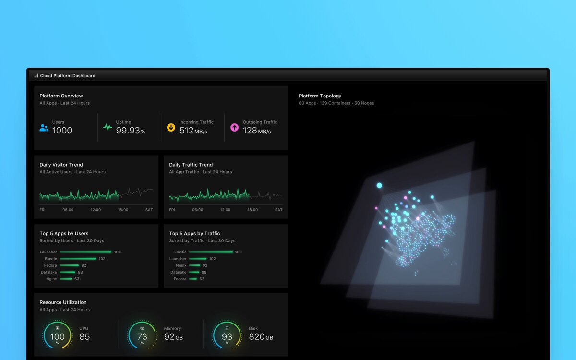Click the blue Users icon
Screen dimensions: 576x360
coord(44,128)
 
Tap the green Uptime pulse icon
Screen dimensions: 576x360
coord(108,127)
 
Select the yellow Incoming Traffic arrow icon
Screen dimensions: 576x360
coord(171,127)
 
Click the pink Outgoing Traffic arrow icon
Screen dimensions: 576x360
coord(234,127)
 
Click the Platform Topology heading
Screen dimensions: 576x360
coord(320,96)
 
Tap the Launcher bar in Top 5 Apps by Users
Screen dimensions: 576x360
coord(85,252)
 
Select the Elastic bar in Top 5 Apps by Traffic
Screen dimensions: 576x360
coord(211,252)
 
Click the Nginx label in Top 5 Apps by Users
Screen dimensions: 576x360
coord(51,279)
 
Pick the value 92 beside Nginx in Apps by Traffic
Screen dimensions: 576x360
coord(205,265)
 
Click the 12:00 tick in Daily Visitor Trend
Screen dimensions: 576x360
coord(96,210)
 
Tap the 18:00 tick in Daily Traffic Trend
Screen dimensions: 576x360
coord(252,210)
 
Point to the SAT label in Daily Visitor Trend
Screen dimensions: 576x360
coord(149,210)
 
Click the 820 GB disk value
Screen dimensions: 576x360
coord(261,336)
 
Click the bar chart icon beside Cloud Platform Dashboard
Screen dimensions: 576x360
coord(36,76)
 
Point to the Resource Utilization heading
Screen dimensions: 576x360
coord(63,302)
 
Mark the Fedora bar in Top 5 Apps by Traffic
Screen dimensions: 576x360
coord(193,279)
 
